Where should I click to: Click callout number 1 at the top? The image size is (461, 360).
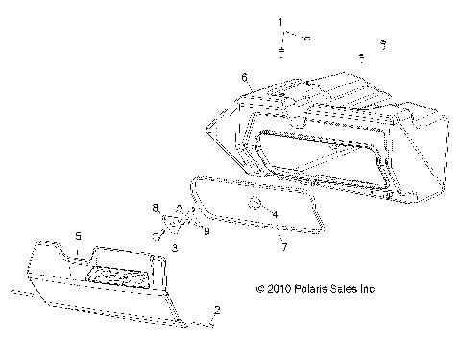280,20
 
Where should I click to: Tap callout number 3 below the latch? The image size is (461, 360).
175,248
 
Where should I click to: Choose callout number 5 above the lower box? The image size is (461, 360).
79,234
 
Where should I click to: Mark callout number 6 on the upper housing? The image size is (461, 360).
245,75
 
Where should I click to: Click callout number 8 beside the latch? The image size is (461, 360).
155,207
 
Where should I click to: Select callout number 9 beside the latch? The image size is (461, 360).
206,231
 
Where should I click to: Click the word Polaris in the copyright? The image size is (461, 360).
311,288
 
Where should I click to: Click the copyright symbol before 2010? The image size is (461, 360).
259,288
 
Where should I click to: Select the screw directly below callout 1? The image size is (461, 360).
279,50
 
